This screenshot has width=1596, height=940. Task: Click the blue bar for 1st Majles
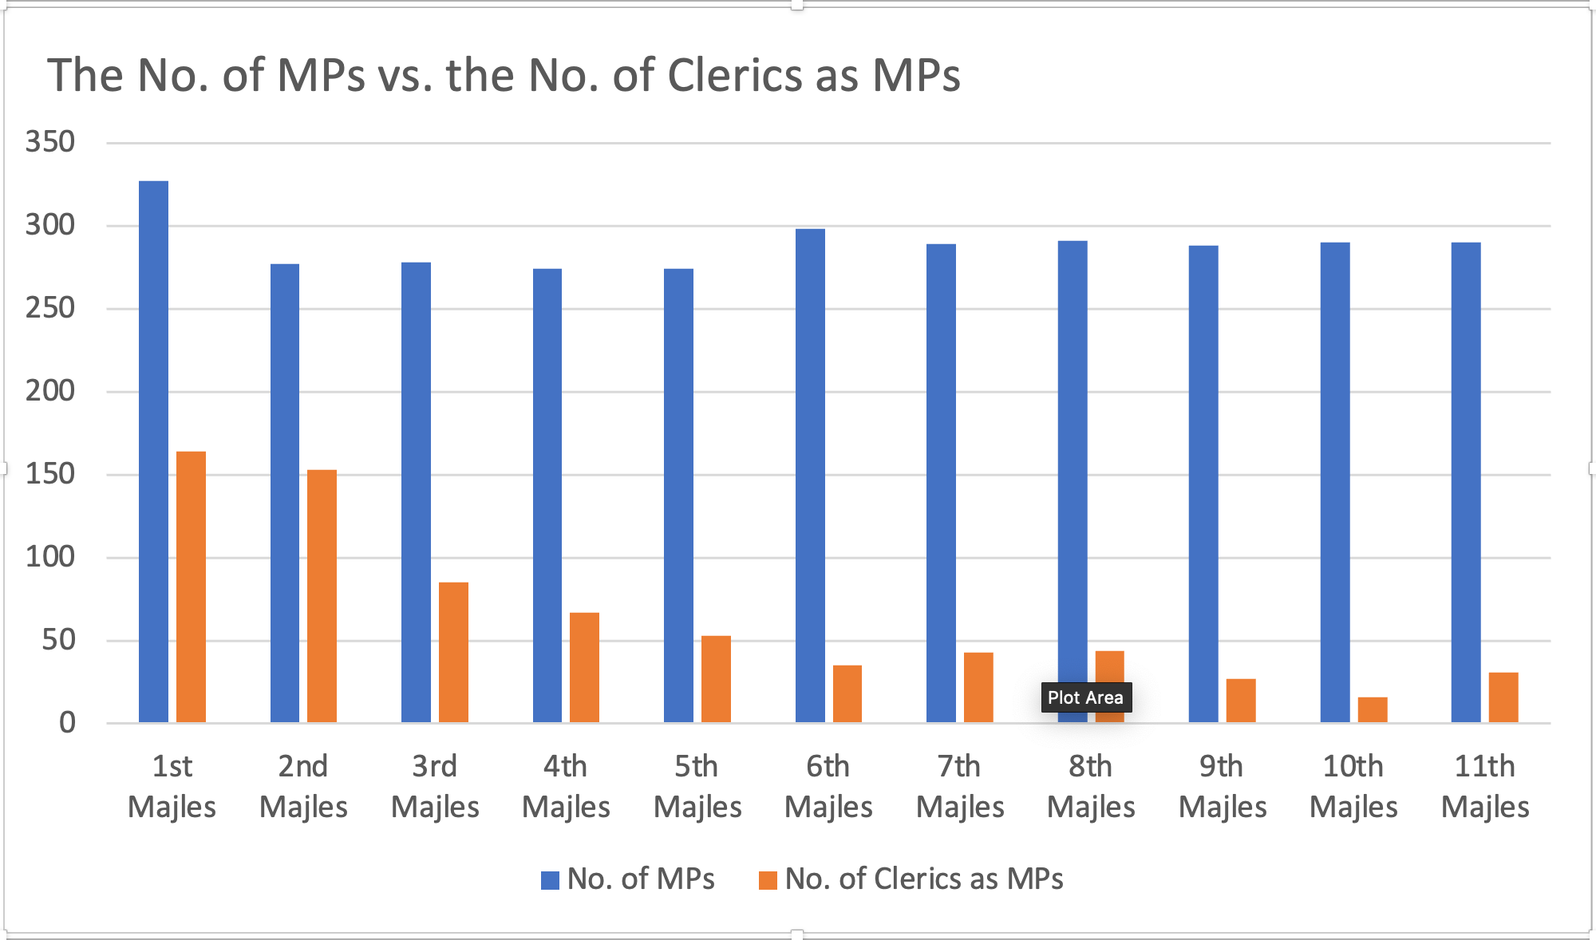[x=153, y=452]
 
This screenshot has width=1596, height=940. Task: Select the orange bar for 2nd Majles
[x=322, y=596]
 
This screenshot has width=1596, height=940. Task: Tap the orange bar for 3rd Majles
[x=453, y=653]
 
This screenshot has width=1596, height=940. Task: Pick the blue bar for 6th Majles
[x=810, y=476]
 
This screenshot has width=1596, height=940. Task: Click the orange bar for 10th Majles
[x=1373, y=709]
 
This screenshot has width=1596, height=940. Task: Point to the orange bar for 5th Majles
[x=716, y=679]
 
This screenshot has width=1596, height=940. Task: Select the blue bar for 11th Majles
[x=1466, y=482]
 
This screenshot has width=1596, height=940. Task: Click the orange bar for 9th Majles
[x=1241, y=701]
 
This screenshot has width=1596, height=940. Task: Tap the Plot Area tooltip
[x=1085, y=697]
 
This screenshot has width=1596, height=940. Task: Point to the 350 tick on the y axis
[x=50, y=142]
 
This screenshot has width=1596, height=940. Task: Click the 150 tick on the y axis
[x=50, y=474]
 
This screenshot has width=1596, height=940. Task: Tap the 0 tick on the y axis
[x=67, y=723]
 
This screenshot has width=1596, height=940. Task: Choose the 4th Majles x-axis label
[x=566, y=786]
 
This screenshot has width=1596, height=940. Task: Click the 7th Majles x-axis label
[x=959, y=786]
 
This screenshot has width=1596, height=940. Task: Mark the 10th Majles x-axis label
[x=1353, y=786]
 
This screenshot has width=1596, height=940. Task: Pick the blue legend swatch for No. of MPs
[x=550, y=880]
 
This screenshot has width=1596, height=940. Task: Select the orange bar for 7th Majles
[x=978, y=687]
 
